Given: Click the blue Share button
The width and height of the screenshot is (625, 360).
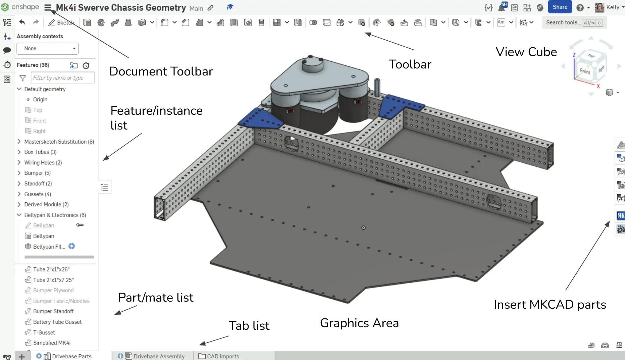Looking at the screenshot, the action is [560, 7].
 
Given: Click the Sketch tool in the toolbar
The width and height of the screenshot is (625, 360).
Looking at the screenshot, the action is [61, 22].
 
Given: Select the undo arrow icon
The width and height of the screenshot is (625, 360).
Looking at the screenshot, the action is [22, 22].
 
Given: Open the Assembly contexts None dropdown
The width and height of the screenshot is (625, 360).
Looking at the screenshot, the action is [48, 48].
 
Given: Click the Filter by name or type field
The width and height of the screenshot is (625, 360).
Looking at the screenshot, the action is [62, 78].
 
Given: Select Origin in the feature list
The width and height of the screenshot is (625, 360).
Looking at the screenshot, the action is [40, 99].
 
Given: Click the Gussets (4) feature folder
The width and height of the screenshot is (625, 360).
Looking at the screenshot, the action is [38, 194].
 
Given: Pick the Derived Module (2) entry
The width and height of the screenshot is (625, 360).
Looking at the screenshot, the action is [46, 204].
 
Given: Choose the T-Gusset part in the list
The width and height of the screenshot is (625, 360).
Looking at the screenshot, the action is [44, 332].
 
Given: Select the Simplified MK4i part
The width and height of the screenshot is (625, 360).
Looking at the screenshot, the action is [51, 343].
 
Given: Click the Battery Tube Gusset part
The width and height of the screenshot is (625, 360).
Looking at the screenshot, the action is [57, 322].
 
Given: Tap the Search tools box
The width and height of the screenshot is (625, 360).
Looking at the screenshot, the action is [574, 22].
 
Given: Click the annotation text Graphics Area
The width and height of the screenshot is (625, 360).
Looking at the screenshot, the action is [359, 323].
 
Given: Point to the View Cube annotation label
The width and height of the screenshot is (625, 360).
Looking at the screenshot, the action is [526, 52].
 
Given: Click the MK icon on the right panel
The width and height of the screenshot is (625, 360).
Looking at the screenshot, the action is [621, 215].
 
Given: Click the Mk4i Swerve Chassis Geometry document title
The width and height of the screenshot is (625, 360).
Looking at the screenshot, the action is [121, 7].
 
